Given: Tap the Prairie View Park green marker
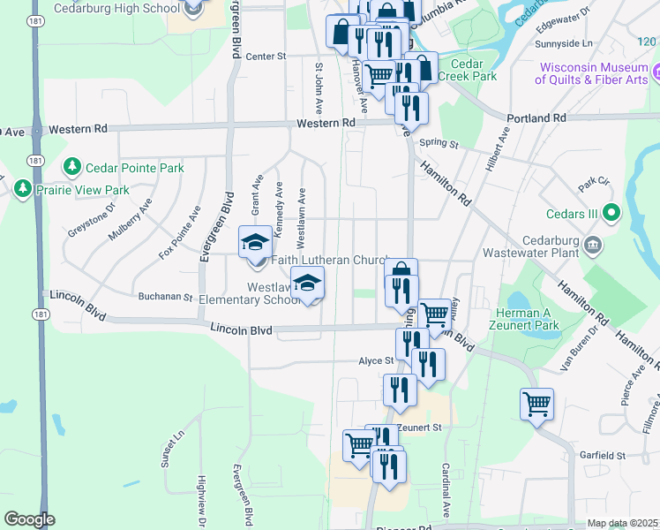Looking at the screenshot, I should click(x=22, y=188).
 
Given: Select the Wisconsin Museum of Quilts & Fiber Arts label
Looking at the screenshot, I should click(x=594, y=73).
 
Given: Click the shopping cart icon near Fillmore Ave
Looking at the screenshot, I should click(x=536, y=404).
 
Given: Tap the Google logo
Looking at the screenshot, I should click(x=29, y=519).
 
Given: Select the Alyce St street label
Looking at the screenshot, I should click(x=375, y=360).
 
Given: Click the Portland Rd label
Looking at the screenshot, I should click(x=536, y=117).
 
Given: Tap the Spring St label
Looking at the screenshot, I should click(x=439, y=143).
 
